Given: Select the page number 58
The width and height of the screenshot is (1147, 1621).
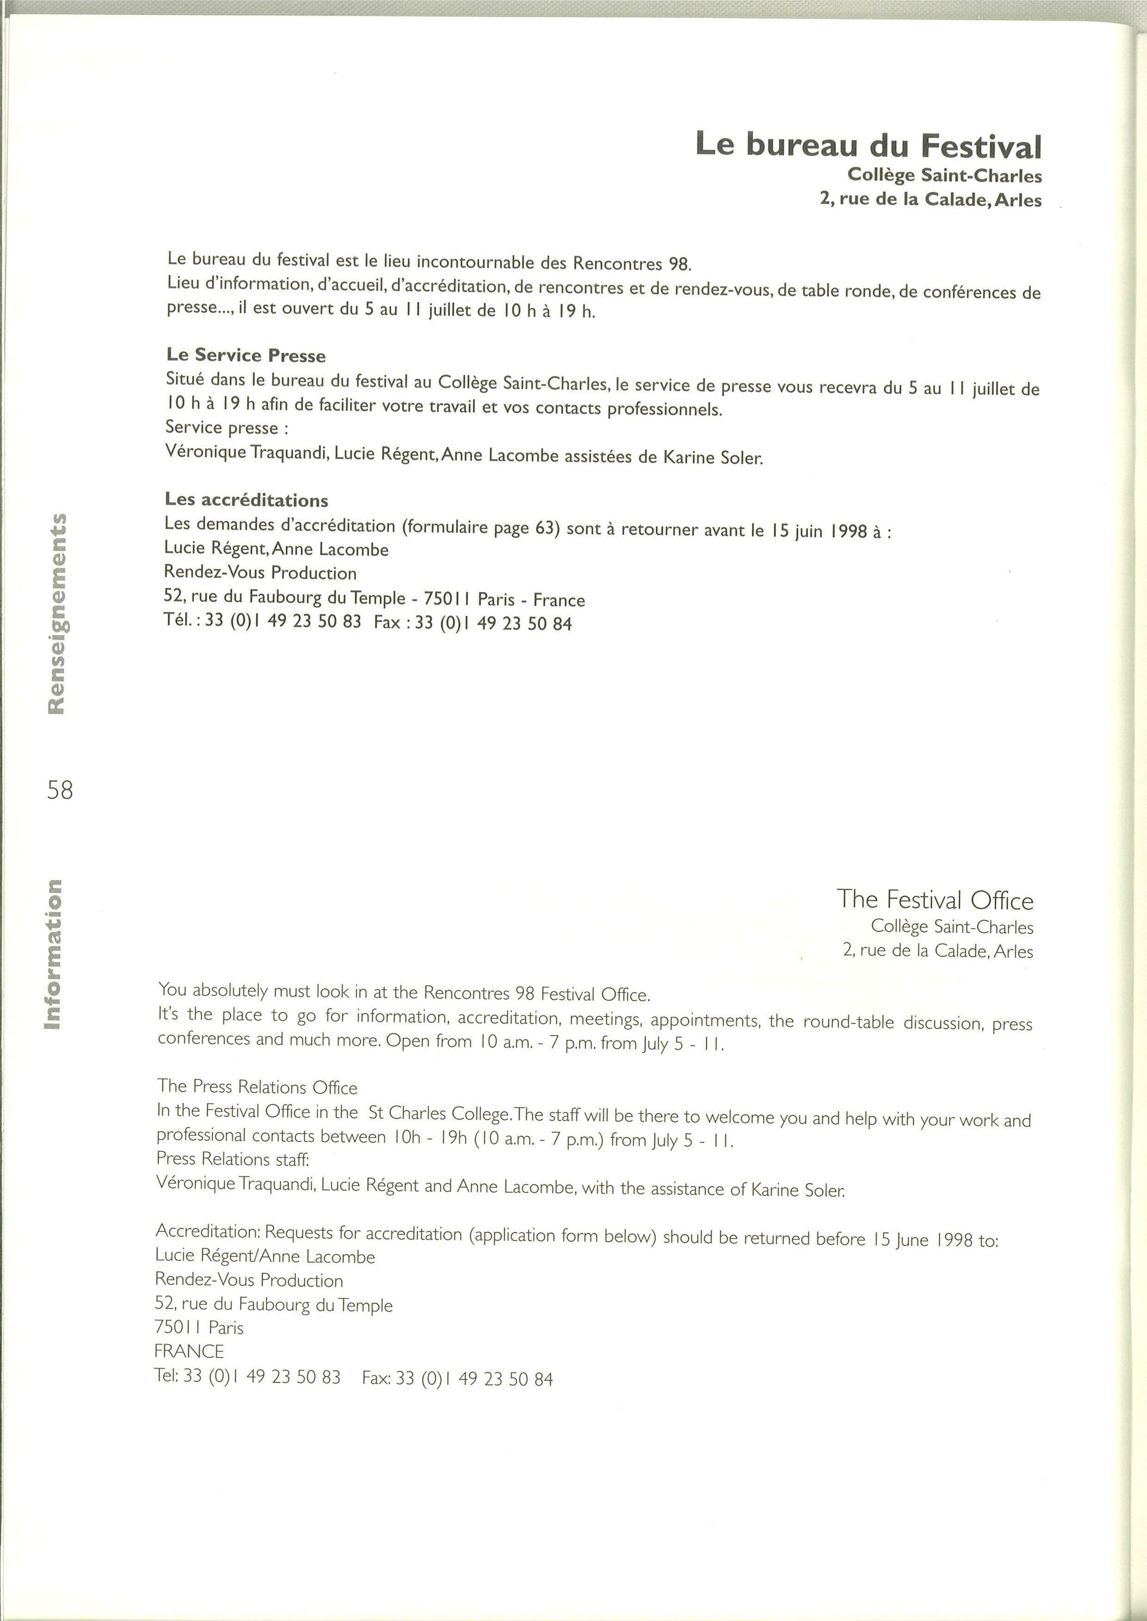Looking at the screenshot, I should coord(60,789).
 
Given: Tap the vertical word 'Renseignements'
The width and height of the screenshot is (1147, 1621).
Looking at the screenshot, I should coord(56,613).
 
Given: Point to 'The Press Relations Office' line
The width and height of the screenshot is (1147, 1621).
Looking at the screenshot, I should coord(257,1087).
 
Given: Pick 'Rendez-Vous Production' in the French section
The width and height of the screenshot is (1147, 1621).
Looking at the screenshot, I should coord(260,573).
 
